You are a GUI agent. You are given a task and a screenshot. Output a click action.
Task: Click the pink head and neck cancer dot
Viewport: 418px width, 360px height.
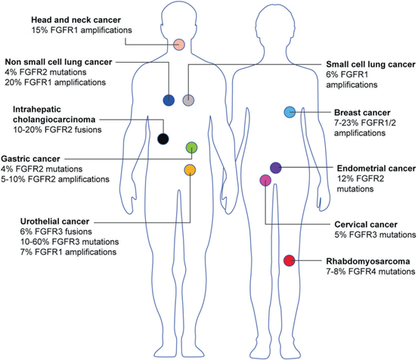(x=179, y=45)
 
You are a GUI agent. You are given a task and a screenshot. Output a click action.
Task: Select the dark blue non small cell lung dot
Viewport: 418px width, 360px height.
(x=169, y=101)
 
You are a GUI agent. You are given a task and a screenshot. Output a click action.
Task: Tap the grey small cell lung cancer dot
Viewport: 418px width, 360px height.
(x=188, y=101)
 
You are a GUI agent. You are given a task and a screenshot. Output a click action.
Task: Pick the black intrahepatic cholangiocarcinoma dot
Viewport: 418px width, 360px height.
(x=163, y=138)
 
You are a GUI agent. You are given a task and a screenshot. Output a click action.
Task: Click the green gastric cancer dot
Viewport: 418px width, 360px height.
(x=191, y=147)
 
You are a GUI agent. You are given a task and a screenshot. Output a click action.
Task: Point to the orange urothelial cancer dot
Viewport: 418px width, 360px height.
(x=190, y=170)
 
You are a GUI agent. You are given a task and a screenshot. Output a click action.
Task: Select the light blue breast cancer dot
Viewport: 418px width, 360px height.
(x=290, y=112)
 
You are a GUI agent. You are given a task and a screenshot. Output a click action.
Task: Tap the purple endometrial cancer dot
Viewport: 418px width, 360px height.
(x=276, y=168)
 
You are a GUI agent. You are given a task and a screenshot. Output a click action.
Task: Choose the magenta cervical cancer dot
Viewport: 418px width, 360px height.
(x=265, y=180)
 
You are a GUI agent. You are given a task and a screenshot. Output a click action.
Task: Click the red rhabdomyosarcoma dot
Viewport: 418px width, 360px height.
(x=290, y=260)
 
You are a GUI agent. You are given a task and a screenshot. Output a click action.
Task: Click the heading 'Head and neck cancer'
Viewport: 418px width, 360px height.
(x=76, y=20)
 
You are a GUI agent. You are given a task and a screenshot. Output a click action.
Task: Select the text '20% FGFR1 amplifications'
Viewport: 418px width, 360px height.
(x=55, y=82)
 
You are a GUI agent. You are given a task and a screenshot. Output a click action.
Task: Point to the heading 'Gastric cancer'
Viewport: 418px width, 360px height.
(x=30, y=159)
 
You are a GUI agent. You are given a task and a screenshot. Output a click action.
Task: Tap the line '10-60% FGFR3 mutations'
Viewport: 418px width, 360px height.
(x=70, y=242)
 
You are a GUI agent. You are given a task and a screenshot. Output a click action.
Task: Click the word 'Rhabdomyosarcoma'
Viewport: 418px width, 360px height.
(x=368, y=262)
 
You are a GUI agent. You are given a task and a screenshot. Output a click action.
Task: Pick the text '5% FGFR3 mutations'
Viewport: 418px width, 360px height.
(x=375, y=234)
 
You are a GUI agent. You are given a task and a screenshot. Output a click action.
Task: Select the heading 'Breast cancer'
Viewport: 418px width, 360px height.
(x=362, y=113)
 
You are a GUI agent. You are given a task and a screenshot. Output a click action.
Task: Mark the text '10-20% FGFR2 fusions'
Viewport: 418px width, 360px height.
(x=57, y=130)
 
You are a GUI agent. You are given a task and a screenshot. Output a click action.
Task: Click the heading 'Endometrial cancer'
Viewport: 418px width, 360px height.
(x=376, y=169)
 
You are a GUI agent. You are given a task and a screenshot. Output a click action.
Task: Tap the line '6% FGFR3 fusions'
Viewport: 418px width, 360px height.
(x=56, y=231)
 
